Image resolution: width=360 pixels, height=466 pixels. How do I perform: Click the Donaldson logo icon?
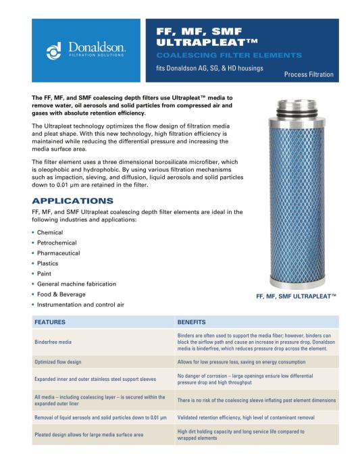pyautogui.click(x=55, y=50)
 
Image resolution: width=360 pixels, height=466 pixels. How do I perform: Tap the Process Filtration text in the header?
pyautogui.click(x=309, y=74)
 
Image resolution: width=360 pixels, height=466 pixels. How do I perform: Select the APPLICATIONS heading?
pyautogui.click(x=73, y=201)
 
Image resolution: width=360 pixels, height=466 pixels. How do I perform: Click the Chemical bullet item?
pyautogui.click(x=50, y=232)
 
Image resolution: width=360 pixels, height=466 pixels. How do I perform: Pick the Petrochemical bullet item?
pyautogui.click(x=57, y=242)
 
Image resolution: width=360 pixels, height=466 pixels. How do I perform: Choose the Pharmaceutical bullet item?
pyautogui.click(x=58, y=253)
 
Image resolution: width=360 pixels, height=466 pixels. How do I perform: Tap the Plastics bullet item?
pyautogui.click(x=47, y=263)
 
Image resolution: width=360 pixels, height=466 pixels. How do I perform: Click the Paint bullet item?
pyautogui.click(x=45, y=274)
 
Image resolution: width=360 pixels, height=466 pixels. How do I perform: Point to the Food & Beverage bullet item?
pyautogui.click(x=61, y=294)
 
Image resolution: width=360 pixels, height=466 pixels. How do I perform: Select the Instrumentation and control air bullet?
pyautogui.click(x=80, y=305)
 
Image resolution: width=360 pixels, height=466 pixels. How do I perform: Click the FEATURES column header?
pyautogui.click(x=50, y=322)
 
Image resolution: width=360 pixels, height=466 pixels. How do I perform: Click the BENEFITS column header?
pyautogui.click(x=191, y=322)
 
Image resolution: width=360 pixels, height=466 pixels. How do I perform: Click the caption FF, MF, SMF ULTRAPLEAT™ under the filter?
pyautogui.click(x=296, y=296)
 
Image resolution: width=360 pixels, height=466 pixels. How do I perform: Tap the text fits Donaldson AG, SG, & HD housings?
pyautogui.click(x=210, y=68)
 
